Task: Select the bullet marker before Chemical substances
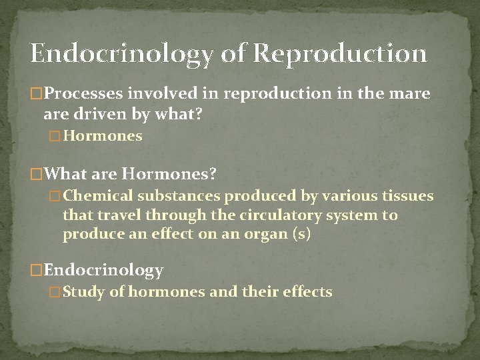tap(56, 197)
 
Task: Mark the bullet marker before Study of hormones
tap(56, 292)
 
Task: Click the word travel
tap(119, 215)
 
